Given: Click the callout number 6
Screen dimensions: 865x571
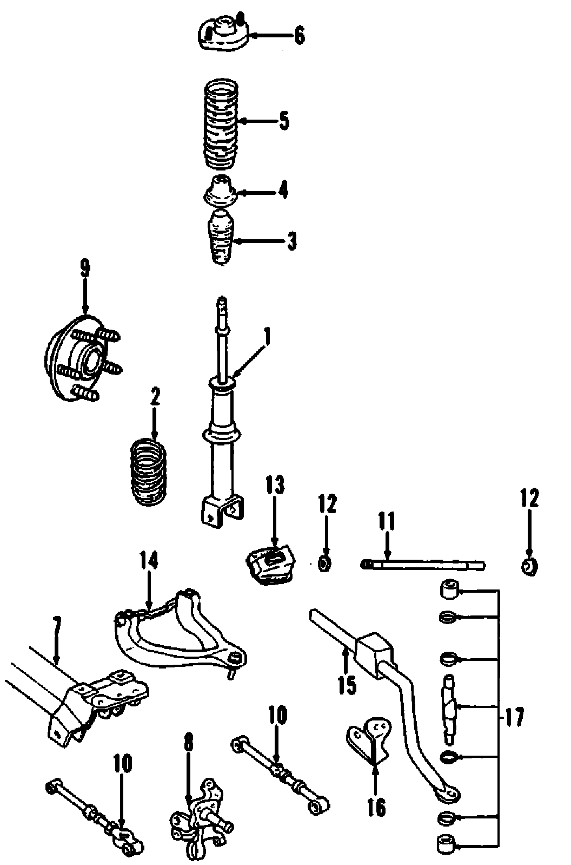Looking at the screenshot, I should click(299, 36).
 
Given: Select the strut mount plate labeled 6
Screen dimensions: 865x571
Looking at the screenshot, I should click(222, 34).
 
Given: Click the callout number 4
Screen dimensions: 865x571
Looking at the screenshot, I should click(283, 191).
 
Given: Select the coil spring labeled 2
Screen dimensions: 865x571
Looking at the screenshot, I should click(149, 474).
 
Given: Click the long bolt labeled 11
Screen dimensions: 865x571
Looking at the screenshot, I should click(422, 565).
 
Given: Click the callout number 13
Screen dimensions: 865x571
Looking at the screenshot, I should click(275, 486).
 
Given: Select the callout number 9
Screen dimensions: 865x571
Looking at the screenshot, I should click(85, 269).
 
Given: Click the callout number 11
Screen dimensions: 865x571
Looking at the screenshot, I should click(387, 522).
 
